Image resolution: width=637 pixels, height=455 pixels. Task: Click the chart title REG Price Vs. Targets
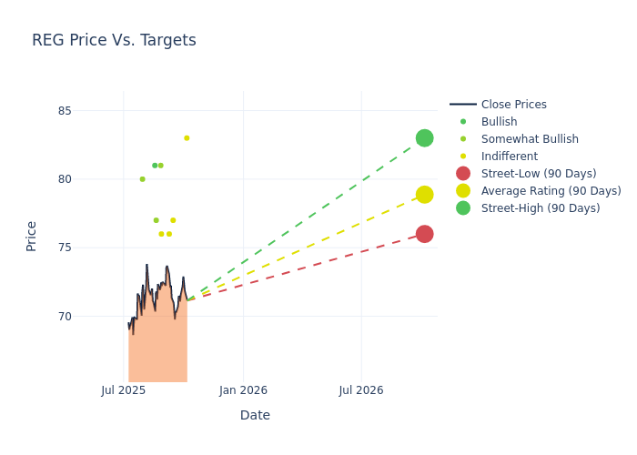pos(114,41)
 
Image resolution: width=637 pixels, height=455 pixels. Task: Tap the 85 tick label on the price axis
pos(89,111)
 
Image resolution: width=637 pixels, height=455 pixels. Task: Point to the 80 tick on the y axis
pos(89,179)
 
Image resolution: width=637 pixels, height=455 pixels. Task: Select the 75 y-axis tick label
pos(89,248)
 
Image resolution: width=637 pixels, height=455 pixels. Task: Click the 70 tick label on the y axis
pos(89,317)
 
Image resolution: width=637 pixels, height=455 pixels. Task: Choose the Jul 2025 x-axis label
pos(124,390)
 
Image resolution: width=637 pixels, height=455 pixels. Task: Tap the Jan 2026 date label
pos(243,390)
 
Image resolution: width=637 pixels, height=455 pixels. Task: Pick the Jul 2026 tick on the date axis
pos(361,390)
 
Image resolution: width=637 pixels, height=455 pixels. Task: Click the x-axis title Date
pos(255,415)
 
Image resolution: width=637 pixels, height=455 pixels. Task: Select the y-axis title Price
pos(32,236)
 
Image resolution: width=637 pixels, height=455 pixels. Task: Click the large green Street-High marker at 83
pos(424,138)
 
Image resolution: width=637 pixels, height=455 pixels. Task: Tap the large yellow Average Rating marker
pos(424,195)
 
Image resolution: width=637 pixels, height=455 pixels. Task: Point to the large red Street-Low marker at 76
pos(424,234)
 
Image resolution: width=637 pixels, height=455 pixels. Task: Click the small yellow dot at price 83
pos(187,138)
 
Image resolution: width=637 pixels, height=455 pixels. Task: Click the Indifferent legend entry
pos(509,157)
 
